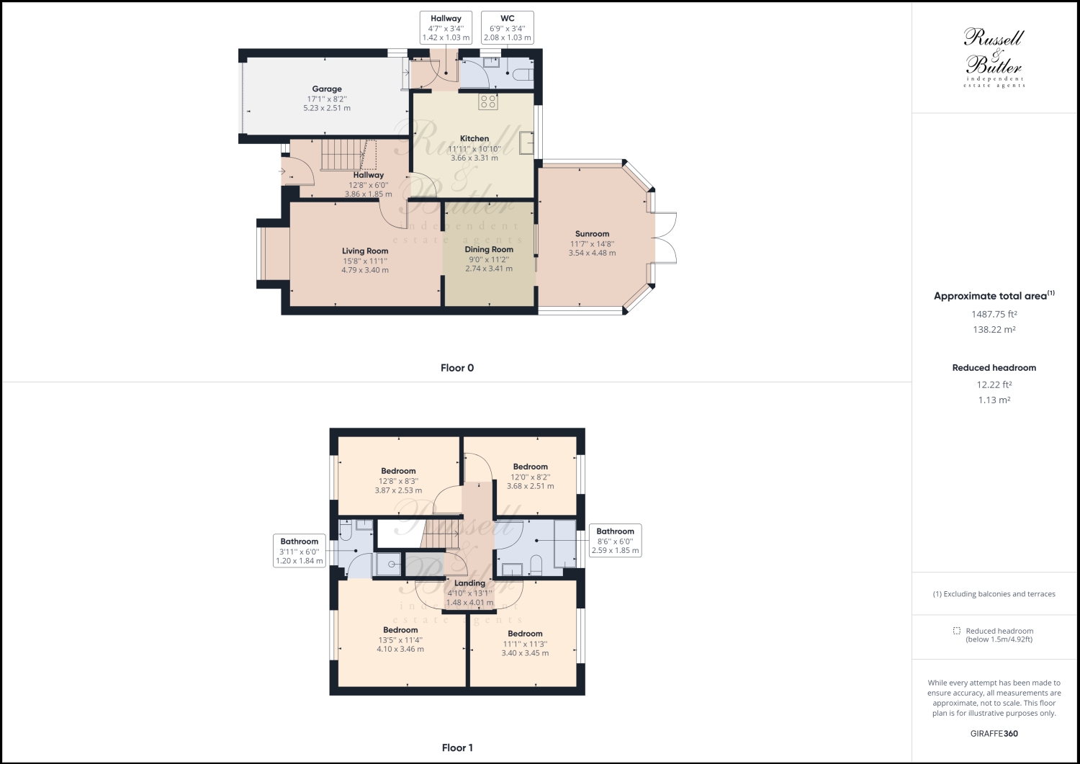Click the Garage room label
(x=327, y=89)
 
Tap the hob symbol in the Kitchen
(x=488, y=102)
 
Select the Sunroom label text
(x=592, y=234)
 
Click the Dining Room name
(x=489, y=250)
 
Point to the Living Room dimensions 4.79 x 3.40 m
(x=365, y=270)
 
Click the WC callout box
(x=507, y=27)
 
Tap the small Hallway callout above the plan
(x=446, y=27)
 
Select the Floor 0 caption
(x=457, y=368)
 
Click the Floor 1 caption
(x=457, y=747)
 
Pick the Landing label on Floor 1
(x=469, y=583)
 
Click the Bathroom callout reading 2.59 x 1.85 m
(x=615, y=541)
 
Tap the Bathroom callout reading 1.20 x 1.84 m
(x=300, y=551)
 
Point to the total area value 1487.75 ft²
(x=994, y=314)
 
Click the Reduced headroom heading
(x=994, y=367)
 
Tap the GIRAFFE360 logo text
(x=994, y=734)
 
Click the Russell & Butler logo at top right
(x=994, y=58)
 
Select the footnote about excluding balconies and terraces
(x=994, y=594)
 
